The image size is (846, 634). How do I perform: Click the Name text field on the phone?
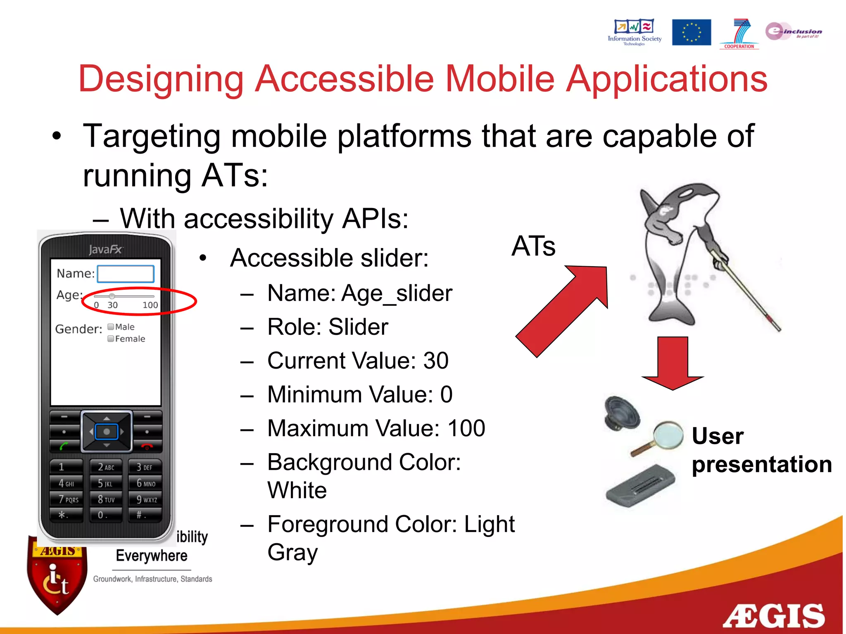tap(126, 274)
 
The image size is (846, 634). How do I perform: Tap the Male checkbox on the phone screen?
tap(111, 327)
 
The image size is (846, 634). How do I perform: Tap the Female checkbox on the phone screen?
tap(111, 339)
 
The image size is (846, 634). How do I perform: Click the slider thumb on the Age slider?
tap(112, 296)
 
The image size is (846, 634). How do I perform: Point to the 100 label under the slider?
tap(150, 305)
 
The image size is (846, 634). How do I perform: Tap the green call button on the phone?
tap(64, 446)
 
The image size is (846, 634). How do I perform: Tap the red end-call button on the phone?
tap(147, 446)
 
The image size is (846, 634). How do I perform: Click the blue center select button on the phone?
tap(107, 432)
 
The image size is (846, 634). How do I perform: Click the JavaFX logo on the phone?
tap(106, 249)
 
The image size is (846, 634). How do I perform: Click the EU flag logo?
tap(691, 32)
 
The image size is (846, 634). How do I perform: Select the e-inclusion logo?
tap(793, 31)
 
